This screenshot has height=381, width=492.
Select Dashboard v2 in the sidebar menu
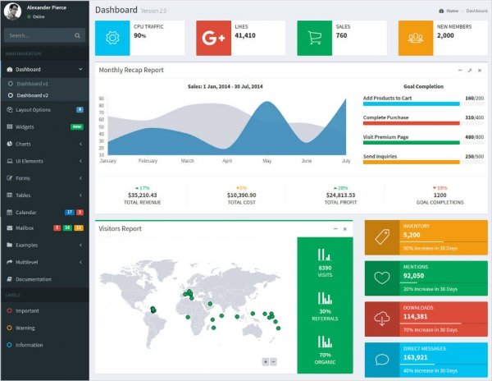[32, 95]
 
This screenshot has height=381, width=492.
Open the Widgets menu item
[25, 126]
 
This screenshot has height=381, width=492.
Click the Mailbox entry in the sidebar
[25, 227]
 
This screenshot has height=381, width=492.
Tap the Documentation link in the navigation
[33, 279]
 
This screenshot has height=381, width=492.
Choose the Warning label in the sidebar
[25, 328]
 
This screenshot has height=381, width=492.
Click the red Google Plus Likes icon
[213, 37]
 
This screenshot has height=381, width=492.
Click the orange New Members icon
[416, 37]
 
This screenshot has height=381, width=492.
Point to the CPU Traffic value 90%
[140, 36]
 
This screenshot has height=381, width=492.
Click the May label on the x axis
[266, 161]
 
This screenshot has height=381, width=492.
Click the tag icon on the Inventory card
[381, 236]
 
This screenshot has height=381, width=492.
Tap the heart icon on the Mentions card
[381, 278]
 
